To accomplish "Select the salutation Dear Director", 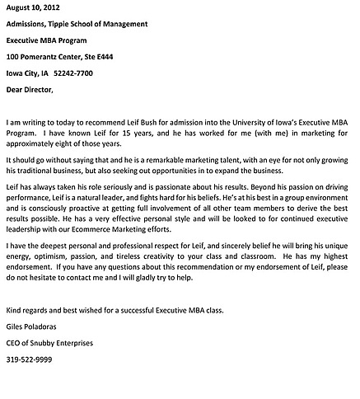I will click(29, 89).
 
